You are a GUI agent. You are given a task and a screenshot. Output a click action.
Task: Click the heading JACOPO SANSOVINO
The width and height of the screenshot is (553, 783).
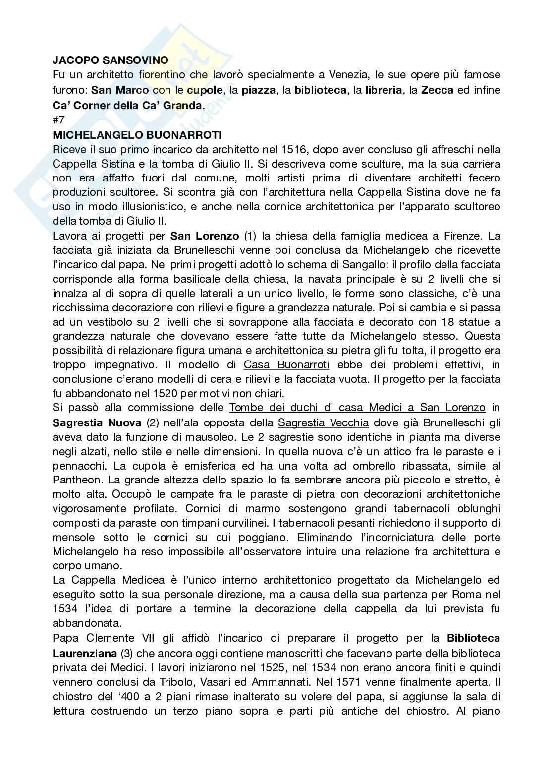click(110, 60)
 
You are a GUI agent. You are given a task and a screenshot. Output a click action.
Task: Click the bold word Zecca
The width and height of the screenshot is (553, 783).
click(437, 90)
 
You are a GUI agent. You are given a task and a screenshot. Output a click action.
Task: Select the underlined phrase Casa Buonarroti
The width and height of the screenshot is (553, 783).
click(286, 365)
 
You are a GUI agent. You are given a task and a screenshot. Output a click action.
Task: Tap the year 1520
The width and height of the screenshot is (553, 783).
click(153, 394)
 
